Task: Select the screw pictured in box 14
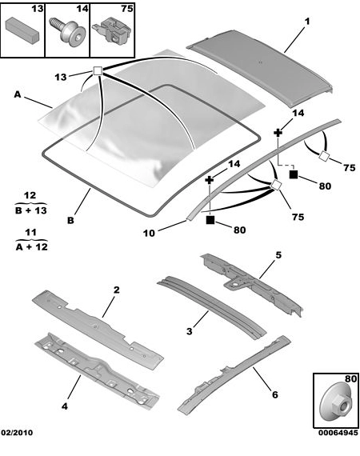(x=67, y=31)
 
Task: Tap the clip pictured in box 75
(x=112, y=33)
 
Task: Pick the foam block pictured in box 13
(x=22, y=30)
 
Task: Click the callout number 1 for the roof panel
(x=306, y=22)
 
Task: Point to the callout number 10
(x=149, y=233)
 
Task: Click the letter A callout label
(x=18, y=94)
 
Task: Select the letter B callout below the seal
(x=70, y=221)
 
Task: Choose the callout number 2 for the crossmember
(x=116, y=290)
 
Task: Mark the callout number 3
(x=190, y=331)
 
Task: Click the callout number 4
(x=65, y=406)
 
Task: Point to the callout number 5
(x=278, y=255)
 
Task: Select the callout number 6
(x=274, y=394)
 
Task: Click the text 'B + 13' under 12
(x=31, y=210)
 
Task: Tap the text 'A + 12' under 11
(x=31, y=247)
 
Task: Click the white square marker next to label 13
(x=98, y=71)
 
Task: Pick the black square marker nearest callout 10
(x=210, y=220)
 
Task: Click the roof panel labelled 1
(x=259, y=67)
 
